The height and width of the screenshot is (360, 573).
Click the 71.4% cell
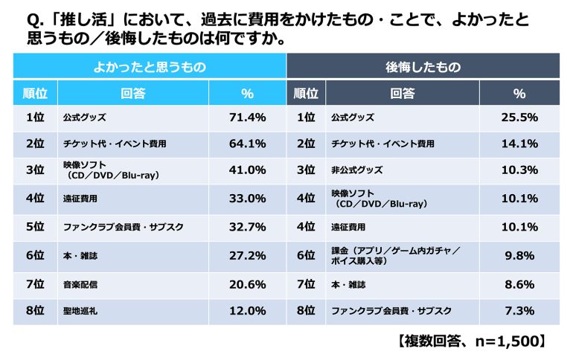[x=247, y=118]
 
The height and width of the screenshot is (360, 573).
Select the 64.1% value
[x=247, y=144]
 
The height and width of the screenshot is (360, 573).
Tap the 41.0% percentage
[x=247, y=170]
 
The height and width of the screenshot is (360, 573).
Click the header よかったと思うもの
[x=149, y=66]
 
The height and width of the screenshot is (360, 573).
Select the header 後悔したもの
[x=423, y=66]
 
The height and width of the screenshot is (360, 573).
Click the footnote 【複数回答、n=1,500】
[x=473, y=341]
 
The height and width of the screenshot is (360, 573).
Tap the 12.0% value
[x=247, y=310]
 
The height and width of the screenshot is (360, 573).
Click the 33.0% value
[x=247, y=199]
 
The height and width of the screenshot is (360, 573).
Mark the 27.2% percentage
[x=247, y=257]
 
